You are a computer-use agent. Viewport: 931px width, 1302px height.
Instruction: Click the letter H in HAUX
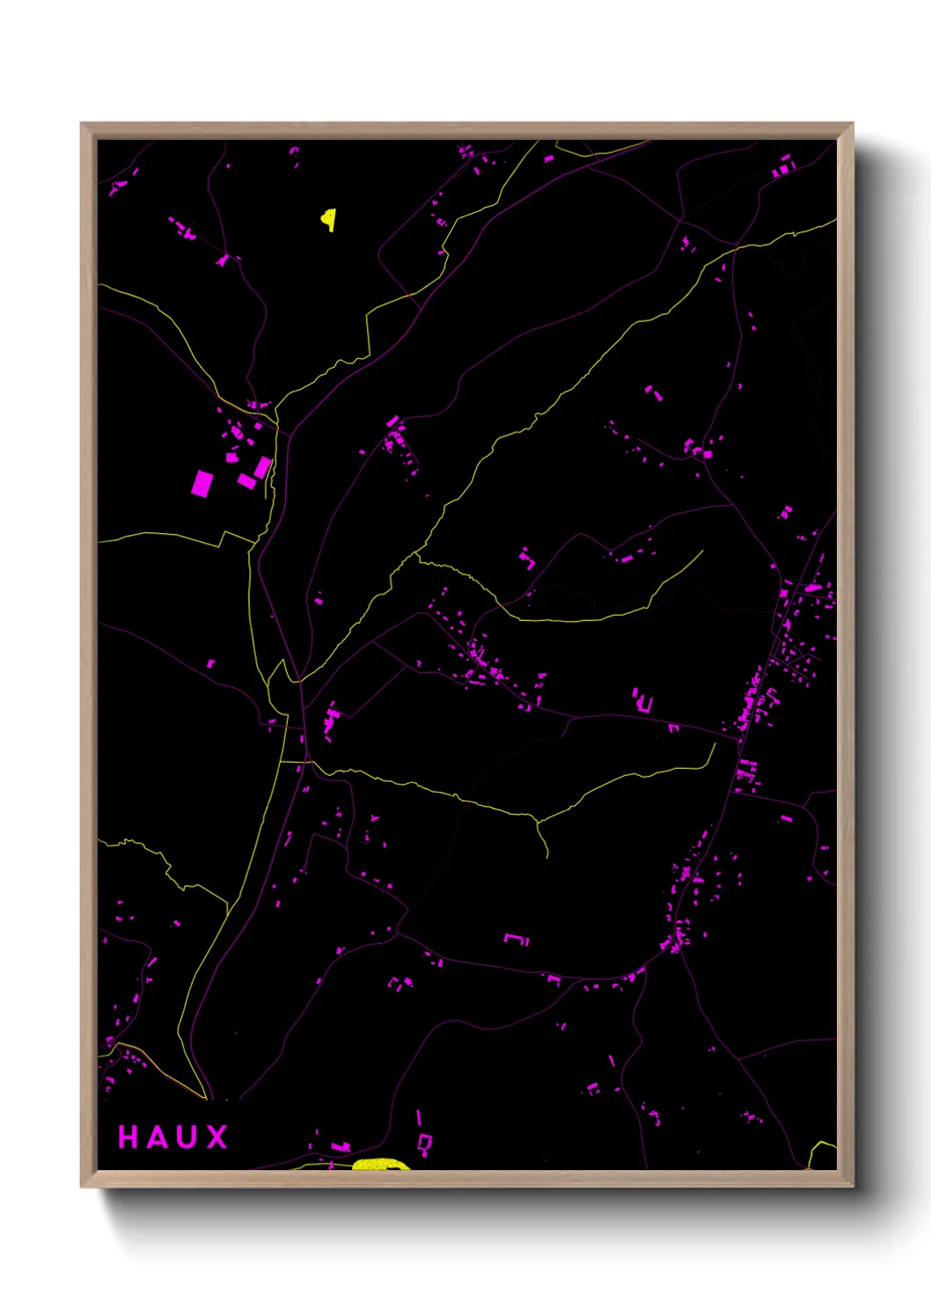(128, 1137)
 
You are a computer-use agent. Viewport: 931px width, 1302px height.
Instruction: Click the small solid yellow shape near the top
(328, 218)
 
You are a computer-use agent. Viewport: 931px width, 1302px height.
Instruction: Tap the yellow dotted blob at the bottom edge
(380, 1165)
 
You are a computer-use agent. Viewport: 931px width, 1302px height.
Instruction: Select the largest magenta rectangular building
(202, 483)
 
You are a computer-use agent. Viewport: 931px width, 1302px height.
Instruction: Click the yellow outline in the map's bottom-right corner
(824, 1154)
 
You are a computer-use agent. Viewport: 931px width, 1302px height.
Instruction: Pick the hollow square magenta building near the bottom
(425, 1143)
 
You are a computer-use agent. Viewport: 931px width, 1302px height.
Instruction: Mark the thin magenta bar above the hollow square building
(419, 1117)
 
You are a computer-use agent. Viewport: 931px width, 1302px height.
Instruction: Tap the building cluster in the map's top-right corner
(782, 165)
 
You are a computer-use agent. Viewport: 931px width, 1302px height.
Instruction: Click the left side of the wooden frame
(88, 655)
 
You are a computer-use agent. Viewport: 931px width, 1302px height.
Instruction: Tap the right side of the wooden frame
(846, 655)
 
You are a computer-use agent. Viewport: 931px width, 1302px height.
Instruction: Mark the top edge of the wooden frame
(466, 130)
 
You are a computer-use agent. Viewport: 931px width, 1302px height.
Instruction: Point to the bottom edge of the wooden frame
(466, 1179)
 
